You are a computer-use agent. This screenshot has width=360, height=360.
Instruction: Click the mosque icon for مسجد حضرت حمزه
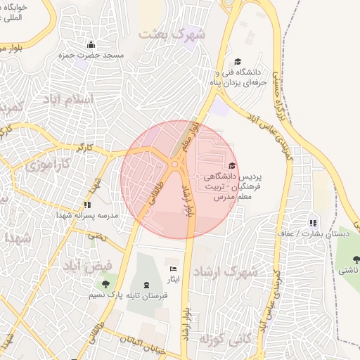91,44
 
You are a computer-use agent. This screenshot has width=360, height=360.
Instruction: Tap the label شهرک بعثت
173,33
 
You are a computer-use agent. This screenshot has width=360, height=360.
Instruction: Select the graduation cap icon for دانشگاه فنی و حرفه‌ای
238,62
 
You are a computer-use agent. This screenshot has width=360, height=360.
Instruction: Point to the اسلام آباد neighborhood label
67,98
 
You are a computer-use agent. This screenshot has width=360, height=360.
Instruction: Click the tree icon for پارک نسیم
105,284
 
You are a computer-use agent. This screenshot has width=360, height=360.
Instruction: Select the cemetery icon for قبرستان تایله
146,284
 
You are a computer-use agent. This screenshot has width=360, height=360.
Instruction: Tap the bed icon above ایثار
174,269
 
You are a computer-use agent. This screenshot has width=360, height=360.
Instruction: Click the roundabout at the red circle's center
174,165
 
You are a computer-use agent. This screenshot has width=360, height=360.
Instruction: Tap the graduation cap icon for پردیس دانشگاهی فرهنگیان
232,165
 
